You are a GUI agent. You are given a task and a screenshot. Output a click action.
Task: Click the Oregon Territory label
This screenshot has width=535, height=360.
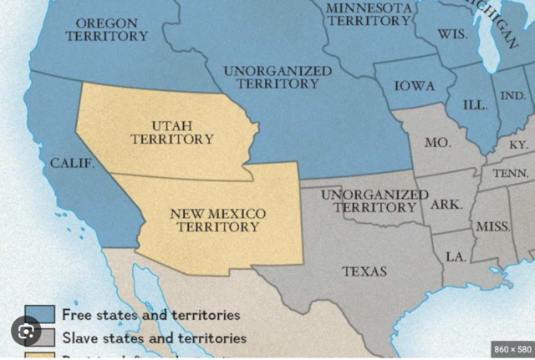pos(106,29)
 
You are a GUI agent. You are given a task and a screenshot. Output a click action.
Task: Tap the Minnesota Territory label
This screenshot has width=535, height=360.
pos(369,13)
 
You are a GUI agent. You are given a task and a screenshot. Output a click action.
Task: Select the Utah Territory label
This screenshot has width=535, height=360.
pos(171,132)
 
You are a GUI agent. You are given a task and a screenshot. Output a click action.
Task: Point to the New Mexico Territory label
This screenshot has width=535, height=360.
pos(217,220)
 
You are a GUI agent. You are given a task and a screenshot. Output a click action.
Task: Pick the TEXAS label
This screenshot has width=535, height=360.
pos(364,271)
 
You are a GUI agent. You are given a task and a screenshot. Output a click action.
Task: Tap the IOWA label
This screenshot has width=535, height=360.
pos(415,86)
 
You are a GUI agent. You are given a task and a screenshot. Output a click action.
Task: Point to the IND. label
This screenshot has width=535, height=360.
pos(512,95)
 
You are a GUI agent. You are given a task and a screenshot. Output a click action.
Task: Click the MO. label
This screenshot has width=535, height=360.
pos(437,143)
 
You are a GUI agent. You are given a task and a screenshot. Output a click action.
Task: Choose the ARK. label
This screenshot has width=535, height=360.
pos(446,204)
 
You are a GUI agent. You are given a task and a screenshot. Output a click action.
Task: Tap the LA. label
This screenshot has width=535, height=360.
pos(456,256)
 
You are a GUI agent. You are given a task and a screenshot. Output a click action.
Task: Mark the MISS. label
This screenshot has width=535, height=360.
pos(493,227)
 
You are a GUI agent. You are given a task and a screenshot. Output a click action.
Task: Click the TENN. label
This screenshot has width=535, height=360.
pos(511,174)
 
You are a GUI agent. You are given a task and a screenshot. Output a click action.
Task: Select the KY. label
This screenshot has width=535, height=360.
pos(518,145)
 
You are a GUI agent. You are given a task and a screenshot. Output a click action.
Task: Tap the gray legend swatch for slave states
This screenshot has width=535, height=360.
pos(39,337)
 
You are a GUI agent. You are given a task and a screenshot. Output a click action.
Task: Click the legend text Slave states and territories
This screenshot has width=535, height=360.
pos(154,338)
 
